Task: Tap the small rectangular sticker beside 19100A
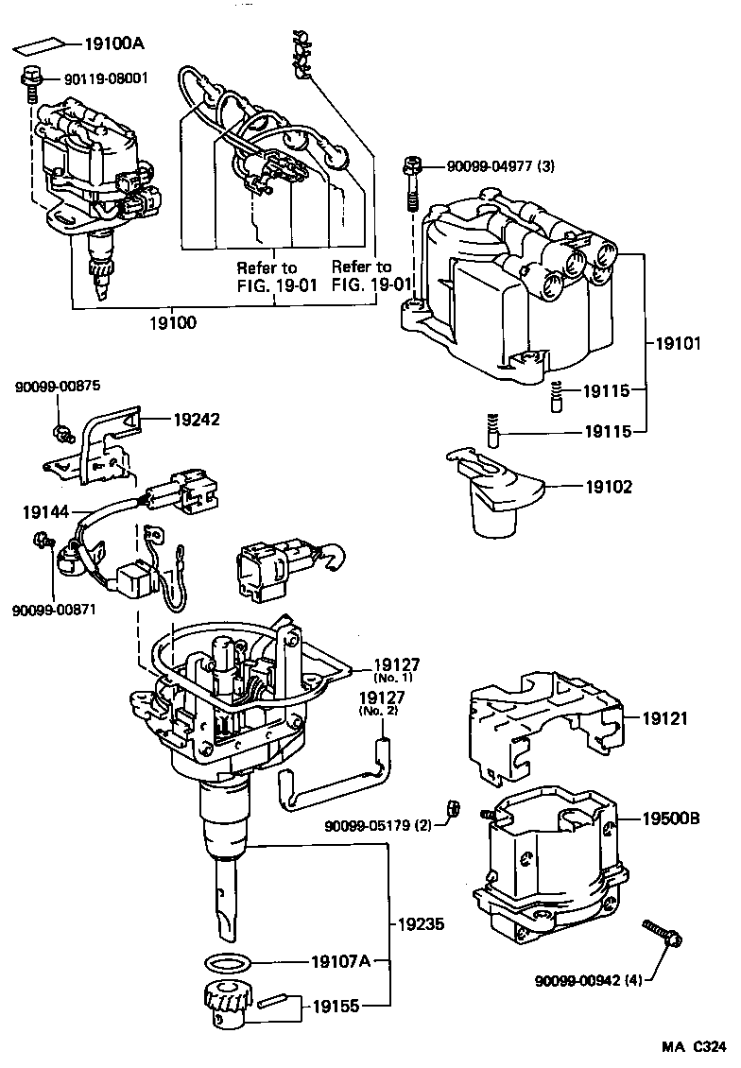(x=41, y=44)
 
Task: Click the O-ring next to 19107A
(x=228, y=964)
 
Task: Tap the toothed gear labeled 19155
(x=225, y=1004)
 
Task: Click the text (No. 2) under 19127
(x=381, y=711)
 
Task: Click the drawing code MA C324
(x=693, y=1047)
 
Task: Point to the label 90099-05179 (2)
(x=377, y=824)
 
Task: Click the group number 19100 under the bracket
(x=173, y=322)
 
